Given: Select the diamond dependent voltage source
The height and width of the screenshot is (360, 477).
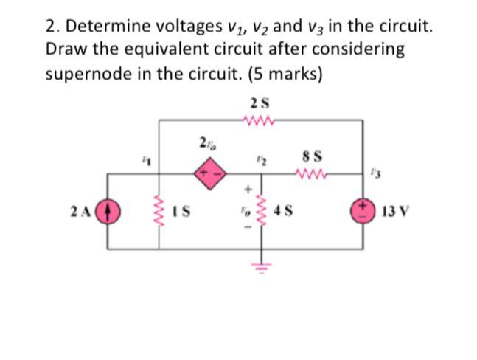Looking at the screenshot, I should pos(205,174).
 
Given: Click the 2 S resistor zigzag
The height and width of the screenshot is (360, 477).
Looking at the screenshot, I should pos(260,118).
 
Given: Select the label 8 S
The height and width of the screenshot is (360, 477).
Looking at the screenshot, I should pos(310,157).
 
